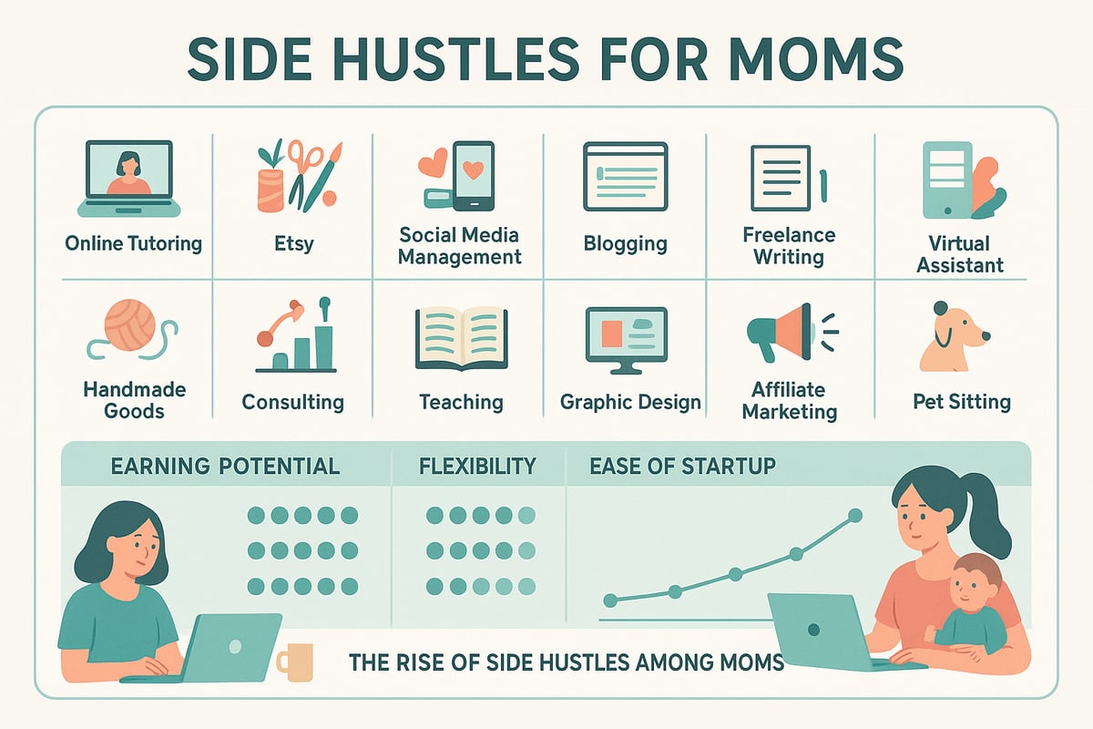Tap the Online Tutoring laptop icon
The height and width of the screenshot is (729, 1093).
[128, 179]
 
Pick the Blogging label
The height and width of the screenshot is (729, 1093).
[625, 243]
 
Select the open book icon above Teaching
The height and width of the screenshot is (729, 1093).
[461, 337]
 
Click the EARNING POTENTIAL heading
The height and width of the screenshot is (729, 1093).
[225, 467]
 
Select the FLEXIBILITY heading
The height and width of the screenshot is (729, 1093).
[477, 467]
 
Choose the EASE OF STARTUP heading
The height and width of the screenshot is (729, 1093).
[682, 467]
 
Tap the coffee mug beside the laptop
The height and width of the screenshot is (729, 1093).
[294, 662]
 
